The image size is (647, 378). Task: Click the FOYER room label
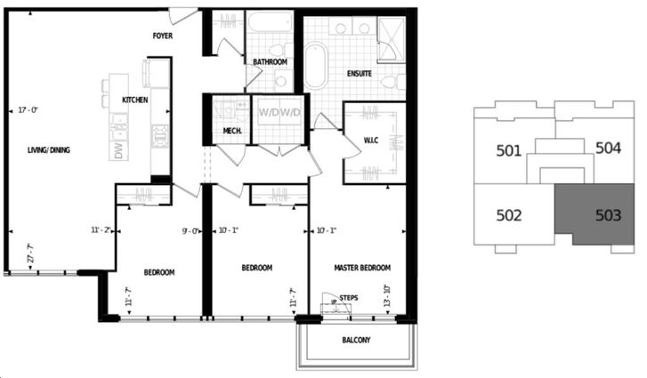162,36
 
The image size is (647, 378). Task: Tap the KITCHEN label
134,100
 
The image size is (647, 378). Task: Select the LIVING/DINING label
48,150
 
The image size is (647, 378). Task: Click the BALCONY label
356,341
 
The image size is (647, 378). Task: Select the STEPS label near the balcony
349,299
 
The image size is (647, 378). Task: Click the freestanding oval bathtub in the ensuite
315,68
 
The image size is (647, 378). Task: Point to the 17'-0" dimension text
28,110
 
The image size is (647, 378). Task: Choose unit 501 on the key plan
508,150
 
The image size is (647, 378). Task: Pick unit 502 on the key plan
508,214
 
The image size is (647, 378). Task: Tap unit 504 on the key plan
608,148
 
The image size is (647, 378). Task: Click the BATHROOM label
269,61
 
